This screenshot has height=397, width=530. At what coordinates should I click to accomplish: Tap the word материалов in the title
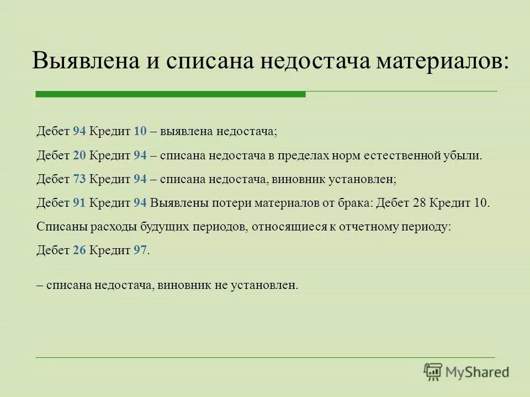(441, 60)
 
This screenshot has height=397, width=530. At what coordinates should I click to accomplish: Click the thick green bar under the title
(170, 95)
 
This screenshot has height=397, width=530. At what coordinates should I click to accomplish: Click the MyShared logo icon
(433, 371)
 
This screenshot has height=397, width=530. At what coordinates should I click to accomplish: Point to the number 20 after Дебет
(79, 155)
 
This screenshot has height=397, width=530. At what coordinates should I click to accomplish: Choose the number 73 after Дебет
(79, 179)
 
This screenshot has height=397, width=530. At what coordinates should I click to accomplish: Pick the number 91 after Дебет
(79, 202)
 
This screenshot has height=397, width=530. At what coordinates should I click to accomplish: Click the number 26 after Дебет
(79, 250)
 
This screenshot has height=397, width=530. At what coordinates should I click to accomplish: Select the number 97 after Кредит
(140, 250)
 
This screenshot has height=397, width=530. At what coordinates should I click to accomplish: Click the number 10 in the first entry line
(139, 131)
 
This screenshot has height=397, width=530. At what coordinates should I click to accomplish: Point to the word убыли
(465, 155)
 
